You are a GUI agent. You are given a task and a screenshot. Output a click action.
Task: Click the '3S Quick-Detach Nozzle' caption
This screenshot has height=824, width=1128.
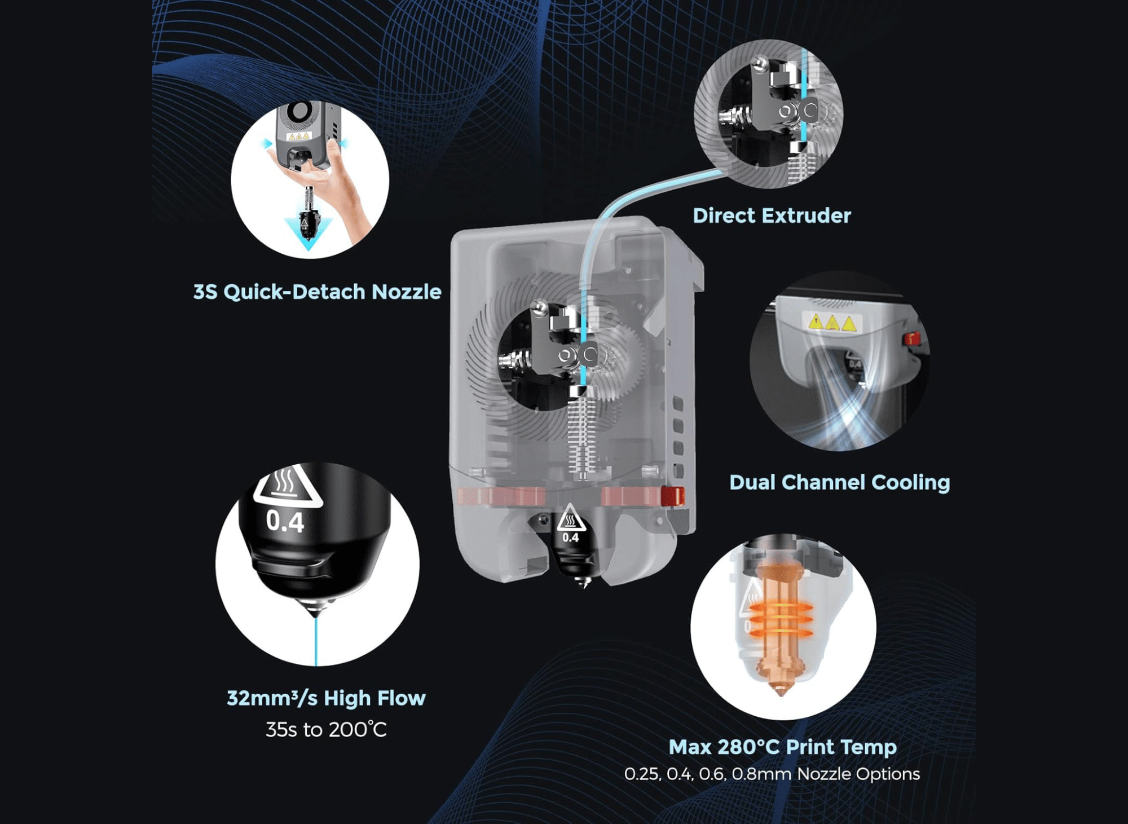[x=317, y=292]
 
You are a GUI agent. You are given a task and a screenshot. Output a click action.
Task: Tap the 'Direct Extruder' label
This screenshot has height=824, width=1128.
[x=772, y=215]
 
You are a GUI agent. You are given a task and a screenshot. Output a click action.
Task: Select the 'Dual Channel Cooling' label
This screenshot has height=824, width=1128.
[x=839, y=482]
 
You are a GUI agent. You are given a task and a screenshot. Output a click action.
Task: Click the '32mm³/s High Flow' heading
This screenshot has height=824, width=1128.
[x=326, y=698]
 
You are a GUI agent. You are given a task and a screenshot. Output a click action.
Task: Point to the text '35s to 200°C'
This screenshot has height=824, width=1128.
[x=326, y=729]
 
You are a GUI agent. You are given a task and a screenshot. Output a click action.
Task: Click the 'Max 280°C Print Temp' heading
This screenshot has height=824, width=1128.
[x=782, y=747]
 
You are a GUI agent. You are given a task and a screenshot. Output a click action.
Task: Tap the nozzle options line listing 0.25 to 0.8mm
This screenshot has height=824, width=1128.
[x=772, y=774]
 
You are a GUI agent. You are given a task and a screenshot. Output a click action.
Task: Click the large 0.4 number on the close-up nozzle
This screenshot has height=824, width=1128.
[x=285, y=522]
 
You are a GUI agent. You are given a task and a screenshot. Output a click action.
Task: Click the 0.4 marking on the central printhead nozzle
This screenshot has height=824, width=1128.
[x=570, y=537]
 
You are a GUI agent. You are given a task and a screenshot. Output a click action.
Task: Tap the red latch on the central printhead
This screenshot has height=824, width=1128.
[x=672, y=496]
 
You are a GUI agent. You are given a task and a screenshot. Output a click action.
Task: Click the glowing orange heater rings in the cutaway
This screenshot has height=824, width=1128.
[x=781, y=619]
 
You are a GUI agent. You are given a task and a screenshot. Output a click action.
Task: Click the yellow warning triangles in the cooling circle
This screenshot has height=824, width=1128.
[x=832, y=323]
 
